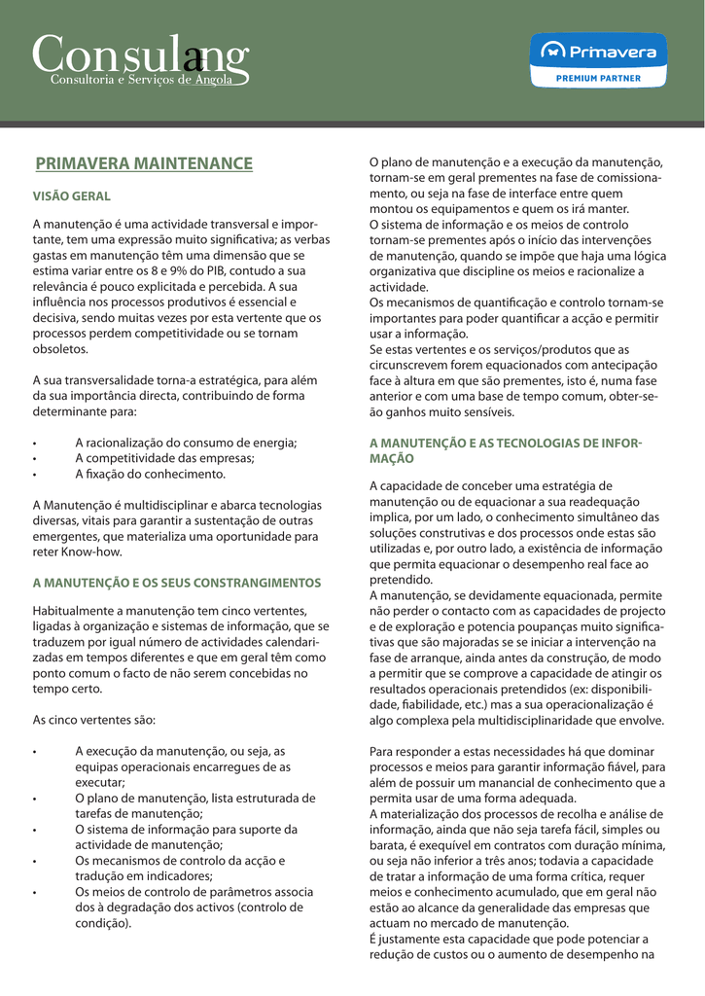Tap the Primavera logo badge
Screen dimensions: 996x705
[598, 53]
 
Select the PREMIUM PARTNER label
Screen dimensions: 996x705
[598, 77]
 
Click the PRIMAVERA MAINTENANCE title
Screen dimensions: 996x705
[144, 164]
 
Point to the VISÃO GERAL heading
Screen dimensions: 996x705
[72, 196]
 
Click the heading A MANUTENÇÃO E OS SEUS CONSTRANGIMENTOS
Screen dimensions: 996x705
[177, 583]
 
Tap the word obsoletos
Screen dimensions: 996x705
[60, 348]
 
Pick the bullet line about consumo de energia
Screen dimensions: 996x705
[186, 443]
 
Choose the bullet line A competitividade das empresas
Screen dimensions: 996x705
[164, 458]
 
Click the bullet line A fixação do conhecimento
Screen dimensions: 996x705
[150, 474]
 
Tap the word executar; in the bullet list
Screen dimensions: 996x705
[100, 782]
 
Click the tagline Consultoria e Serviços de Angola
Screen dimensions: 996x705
[142, 80]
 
